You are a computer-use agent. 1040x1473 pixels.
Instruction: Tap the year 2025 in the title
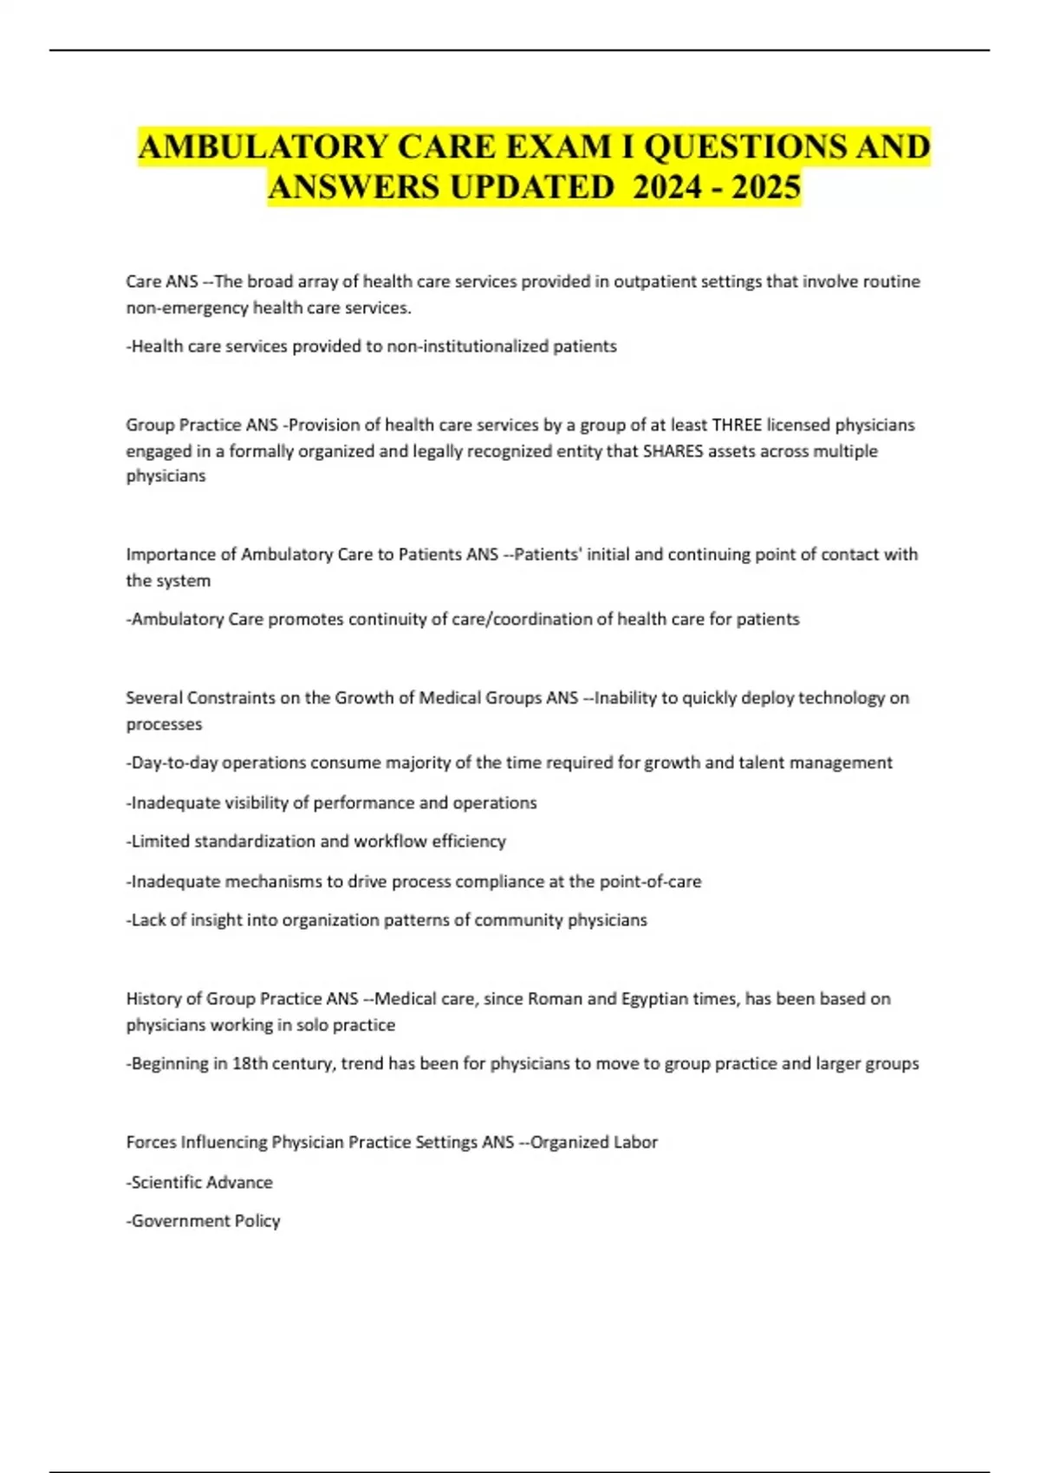pyautogui.click(x=766, y=187)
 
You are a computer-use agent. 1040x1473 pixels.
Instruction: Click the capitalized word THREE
pyautogui.click(x=737, y=425)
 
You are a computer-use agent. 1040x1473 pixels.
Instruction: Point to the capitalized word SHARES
pyautogui.click(x=673, y=451)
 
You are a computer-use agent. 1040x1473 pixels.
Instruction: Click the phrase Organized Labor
pyautogui.click(x=594, y=1142)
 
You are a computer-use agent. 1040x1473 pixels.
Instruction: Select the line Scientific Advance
pyautogui.click(x=201, y=1182)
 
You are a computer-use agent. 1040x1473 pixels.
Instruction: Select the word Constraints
pyautogui.click(x=229, y=698)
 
